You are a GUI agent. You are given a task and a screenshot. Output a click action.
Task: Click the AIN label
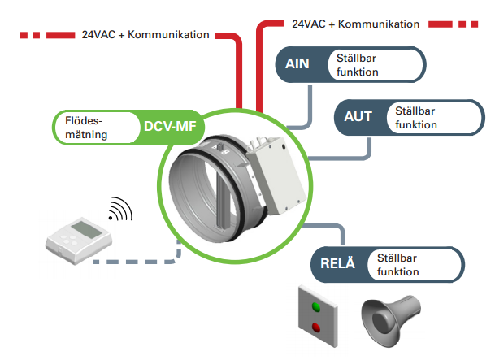click(297, 64)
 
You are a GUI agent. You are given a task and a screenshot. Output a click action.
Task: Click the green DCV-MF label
click(169, 127)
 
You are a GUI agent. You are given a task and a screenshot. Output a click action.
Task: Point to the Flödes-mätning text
click(89, 127)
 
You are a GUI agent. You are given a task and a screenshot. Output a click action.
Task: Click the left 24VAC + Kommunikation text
click(145, 35)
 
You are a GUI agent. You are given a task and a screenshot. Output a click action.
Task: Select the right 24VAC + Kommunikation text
click(355, 24)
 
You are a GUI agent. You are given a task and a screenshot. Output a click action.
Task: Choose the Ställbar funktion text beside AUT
click(416, 117)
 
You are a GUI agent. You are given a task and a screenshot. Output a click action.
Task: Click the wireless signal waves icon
click(121, 210)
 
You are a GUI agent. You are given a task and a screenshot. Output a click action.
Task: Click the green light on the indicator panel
click(317, 307)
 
